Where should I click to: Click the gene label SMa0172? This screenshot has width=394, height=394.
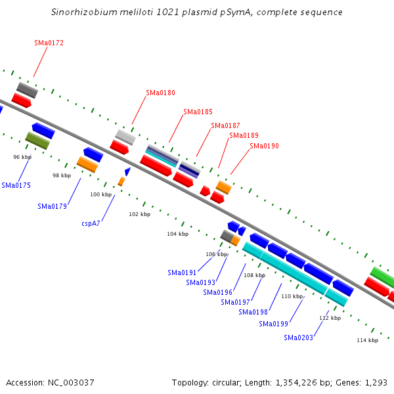point(49,43)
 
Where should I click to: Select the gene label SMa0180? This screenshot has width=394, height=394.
point(160,93)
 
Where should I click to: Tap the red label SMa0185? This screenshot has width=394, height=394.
point(198,112)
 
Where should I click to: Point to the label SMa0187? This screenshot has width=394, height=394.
point(225,125)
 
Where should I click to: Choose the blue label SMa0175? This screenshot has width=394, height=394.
point(16,185)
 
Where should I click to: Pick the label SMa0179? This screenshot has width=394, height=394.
point(52,206)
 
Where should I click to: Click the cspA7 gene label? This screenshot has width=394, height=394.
point(91,223)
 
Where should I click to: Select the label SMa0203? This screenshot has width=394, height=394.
point(298,338)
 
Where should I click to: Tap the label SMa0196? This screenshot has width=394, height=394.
point(217,292)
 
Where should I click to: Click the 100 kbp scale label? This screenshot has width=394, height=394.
point(101,194)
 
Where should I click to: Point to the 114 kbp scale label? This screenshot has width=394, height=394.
point(367,340)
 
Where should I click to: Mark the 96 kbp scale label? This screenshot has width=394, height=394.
point(22,158)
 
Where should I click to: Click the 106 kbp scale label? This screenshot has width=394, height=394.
point(216,254)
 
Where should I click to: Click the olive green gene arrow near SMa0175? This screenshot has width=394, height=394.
point(37,141)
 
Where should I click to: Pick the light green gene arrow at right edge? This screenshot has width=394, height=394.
point(382,277)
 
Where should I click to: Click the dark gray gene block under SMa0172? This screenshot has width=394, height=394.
point(27,90)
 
